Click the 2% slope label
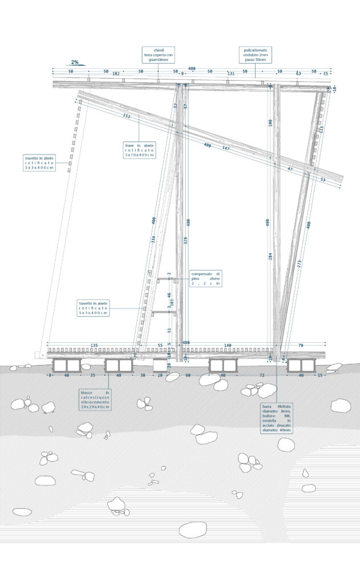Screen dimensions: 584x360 [x=75, y=62]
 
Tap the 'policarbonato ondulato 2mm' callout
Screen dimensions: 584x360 [x=255, y=55]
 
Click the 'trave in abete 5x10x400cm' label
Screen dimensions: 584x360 [x=140, y=151]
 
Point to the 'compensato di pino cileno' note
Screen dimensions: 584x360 [x=206, y=278]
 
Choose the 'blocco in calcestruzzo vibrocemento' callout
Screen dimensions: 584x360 [x=95, y=400]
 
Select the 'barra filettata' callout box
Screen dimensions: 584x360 [x=277, y=419]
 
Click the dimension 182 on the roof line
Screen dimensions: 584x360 [x=116, y=74]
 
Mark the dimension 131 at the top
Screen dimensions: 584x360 [x=231, y=74]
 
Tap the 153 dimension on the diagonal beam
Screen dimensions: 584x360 [x=127, y=116]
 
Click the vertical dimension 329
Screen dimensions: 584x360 [x=185, y=241]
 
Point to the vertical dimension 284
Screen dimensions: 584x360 [x=270, y=257]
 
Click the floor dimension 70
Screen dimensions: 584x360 [x=301, y=346]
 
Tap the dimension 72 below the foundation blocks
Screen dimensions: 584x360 [x=262, y=376]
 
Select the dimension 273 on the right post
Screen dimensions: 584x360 [x=300, y=263]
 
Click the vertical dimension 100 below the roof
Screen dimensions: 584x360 [x=270, y=123]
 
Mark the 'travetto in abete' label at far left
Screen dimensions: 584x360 [x=39, y=163]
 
